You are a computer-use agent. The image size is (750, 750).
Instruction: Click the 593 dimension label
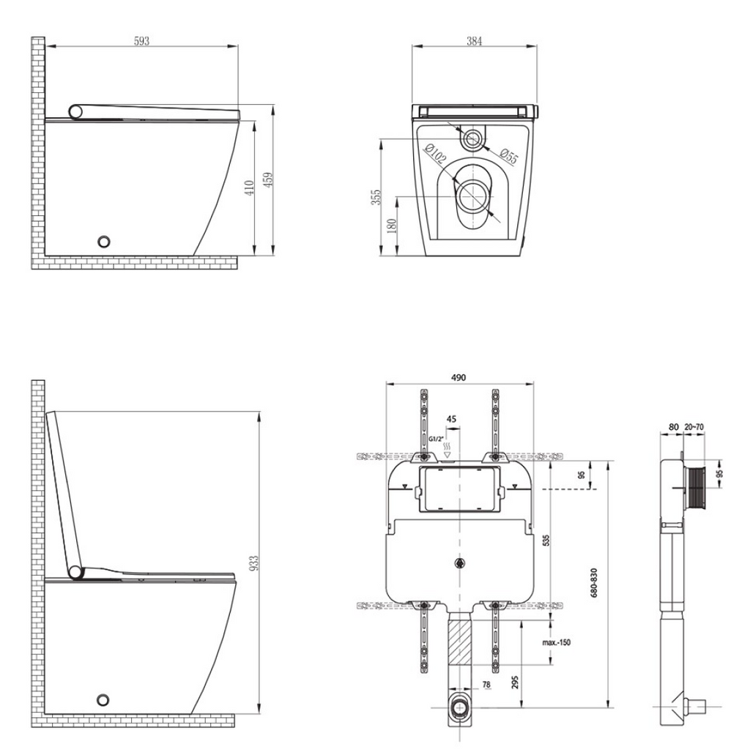click(x=141, y=41)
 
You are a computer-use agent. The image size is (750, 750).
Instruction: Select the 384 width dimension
click(x=474, y=41)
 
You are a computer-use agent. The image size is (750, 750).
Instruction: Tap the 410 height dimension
click(x=249, y=187)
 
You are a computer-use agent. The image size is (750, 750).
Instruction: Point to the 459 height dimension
click(x=268, y=179)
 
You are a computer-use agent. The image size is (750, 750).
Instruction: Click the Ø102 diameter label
click(x=436, y=155)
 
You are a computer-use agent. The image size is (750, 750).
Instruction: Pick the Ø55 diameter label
click(x=509, y=155)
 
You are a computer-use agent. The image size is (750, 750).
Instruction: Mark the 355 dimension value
click(x=376, y=198)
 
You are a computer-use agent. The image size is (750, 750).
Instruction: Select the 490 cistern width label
click(x=458, y=377)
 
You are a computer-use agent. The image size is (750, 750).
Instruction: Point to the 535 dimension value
click(x=546, y=541)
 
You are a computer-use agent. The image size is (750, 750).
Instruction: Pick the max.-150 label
click(x=557, y=642)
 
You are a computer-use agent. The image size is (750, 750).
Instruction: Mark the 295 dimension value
click(x=516, y=683)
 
